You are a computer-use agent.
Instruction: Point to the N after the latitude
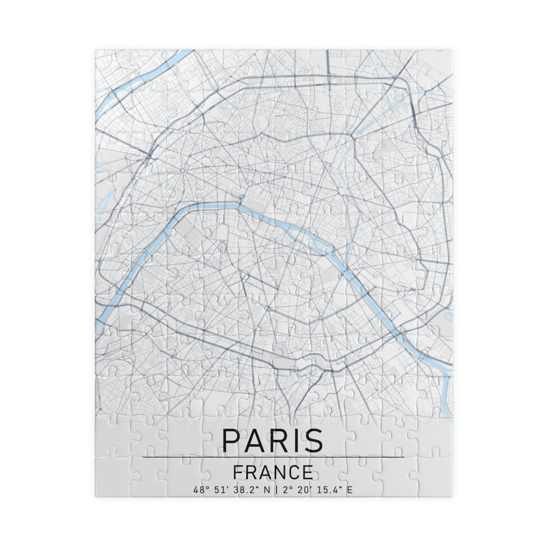pyautogui.click(x=267, y=490)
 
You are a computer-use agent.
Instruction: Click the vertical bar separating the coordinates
pyautogui.click(x=276, y=490)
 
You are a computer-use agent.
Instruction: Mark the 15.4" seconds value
pyautogui.click(x=329, y=490)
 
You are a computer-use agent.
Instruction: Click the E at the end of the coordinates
pyautogui.click(x=350, y=490)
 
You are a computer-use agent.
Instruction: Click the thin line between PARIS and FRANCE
pyautogui.click(x=273, y=457)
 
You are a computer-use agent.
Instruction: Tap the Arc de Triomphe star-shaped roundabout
pyautogui.click(x=183, y=170)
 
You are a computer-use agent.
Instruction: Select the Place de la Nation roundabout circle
pyautogui.click(x=413, y=259)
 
